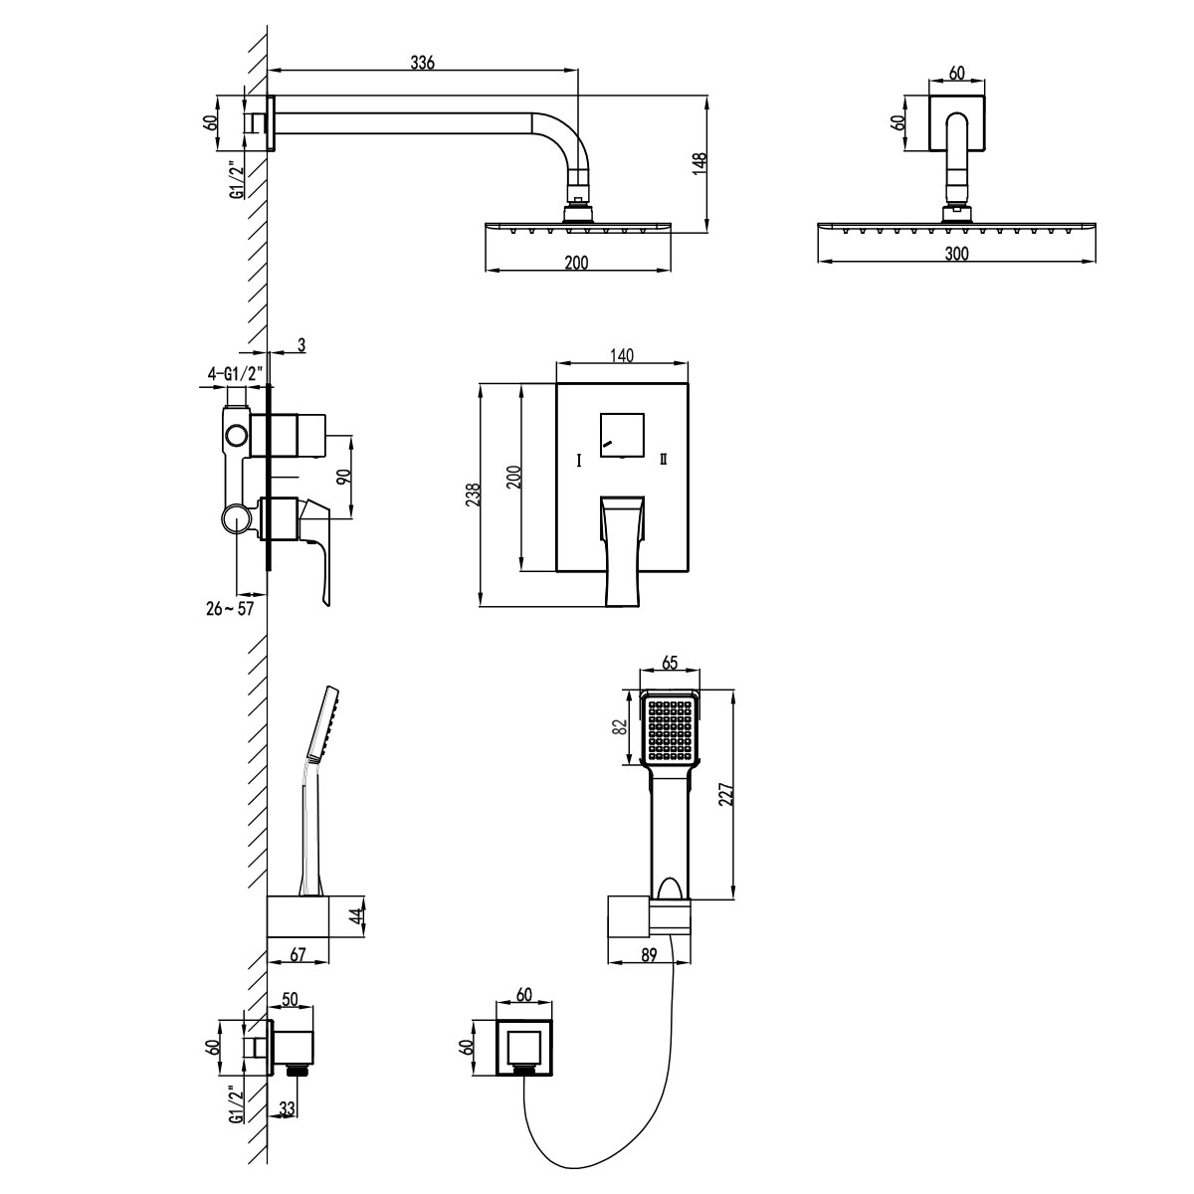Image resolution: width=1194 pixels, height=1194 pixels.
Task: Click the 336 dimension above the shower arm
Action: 423,62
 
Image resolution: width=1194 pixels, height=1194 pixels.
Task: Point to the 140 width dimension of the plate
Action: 622,354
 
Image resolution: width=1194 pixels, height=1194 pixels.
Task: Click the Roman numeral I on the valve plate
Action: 579,460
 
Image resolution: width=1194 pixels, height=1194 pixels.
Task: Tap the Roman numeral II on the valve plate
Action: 663,460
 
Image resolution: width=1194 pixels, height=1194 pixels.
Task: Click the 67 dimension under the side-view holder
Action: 297,954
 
